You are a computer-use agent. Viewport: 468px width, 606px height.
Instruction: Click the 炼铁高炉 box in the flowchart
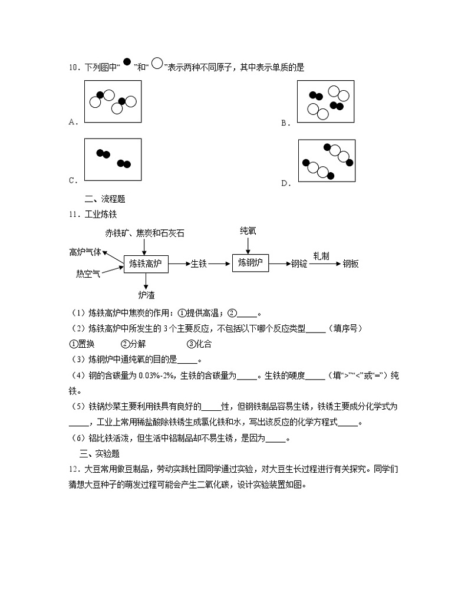(x=146, y=265)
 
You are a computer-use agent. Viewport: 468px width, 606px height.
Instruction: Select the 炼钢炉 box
(x=251, y=263)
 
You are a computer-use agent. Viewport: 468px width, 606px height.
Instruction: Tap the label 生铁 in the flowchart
(x=199, y=265)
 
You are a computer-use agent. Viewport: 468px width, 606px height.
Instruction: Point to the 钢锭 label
(x=299, y=264)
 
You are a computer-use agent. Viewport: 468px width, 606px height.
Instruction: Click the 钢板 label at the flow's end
(x=351, y=264)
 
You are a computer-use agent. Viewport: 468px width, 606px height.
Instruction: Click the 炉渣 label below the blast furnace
(x=146, y=294)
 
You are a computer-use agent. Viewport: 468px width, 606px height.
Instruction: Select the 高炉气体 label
(x=85, y=252)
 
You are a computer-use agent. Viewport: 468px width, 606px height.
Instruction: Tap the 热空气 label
(x=88, y=274)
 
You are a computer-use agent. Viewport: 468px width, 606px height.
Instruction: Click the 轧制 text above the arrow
(x=321, y=256)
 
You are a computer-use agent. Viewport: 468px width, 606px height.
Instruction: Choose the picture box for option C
(x=113, y=160)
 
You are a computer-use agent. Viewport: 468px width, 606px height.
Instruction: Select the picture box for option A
(x=113, y=101)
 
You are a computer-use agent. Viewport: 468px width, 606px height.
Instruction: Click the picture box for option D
(x=327, y=161)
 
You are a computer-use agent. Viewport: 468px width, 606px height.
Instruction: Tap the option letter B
(x=284, y=123)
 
